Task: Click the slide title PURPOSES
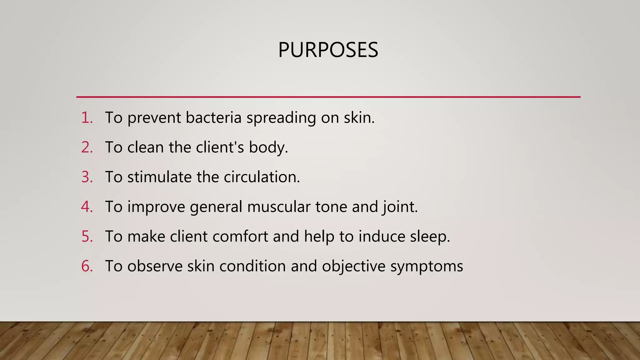[x=328, y=50]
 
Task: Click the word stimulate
[x=159, y=177]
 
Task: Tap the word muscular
[x=278, y=207]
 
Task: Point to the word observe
[x=155, y=266]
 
